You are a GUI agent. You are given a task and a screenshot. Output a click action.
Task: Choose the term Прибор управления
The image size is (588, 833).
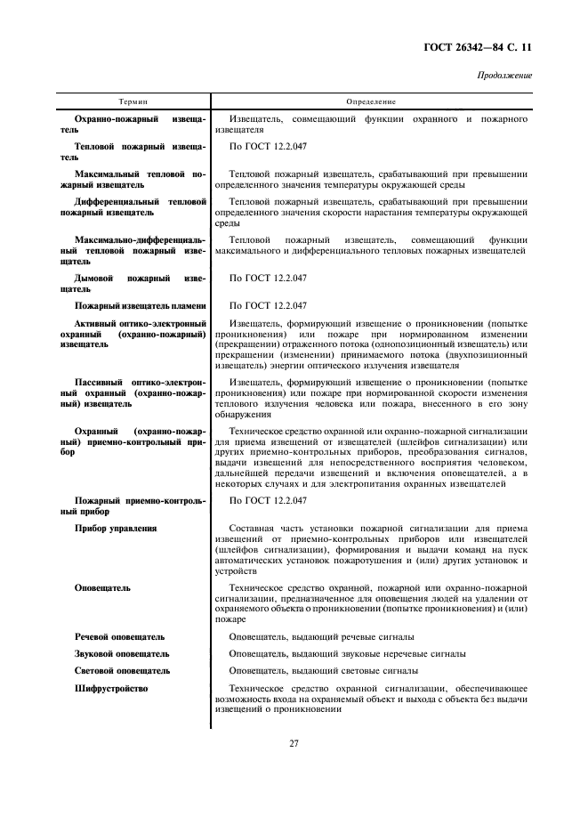[116, 528]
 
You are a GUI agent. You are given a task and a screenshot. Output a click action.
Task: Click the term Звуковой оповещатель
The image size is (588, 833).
[123, 654]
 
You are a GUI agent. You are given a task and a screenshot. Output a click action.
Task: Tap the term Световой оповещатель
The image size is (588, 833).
[123, 671]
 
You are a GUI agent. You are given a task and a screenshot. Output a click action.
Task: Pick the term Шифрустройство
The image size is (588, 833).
[111, 688]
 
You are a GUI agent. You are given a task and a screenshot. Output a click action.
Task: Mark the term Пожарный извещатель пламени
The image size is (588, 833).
[141, 305]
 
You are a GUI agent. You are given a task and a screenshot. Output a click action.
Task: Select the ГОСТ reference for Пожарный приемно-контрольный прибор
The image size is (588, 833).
[268, 501]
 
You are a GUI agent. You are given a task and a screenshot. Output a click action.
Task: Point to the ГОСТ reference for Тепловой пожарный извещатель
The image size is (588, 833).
[268, 144]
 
